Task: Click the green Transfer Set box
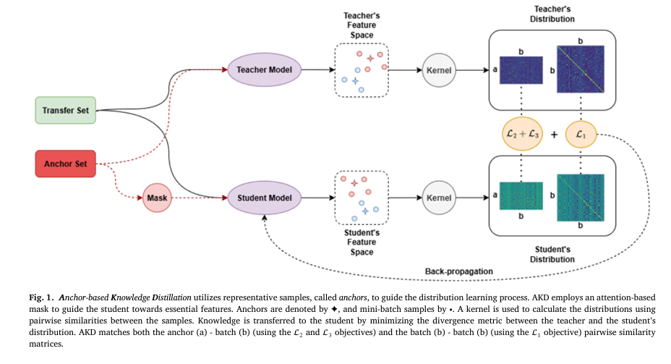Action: pos(66,111)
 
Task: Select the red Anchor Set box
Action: pos(66,164)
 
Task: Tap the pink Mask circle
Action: pos(157,197)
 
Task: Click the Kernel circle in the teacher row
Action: pos(440,70)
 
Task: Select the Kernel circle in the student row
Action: pos(440,197)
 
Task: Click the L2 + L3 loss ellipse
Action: pos(521,134)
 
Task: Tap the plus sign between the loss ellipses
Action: pos(554,134)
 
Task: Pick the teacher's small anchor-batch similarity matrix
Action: pos(521,72)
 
